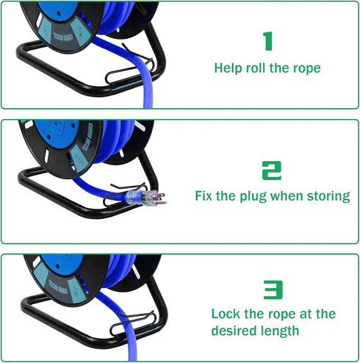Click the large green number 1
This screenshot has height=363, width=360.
(268, 41)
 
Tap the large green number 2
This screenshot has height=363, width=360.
(272, 170)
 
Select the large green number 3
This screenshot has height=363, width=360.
(273, 290)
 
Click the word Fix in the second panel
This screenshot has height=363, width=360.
(204, 196)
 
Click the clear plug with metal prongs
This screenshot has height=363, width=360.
(146, 198)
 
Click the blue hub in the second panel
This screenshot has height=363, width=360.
(56, 134)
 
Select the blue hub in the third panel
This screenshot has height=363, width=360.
(62, 265)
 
